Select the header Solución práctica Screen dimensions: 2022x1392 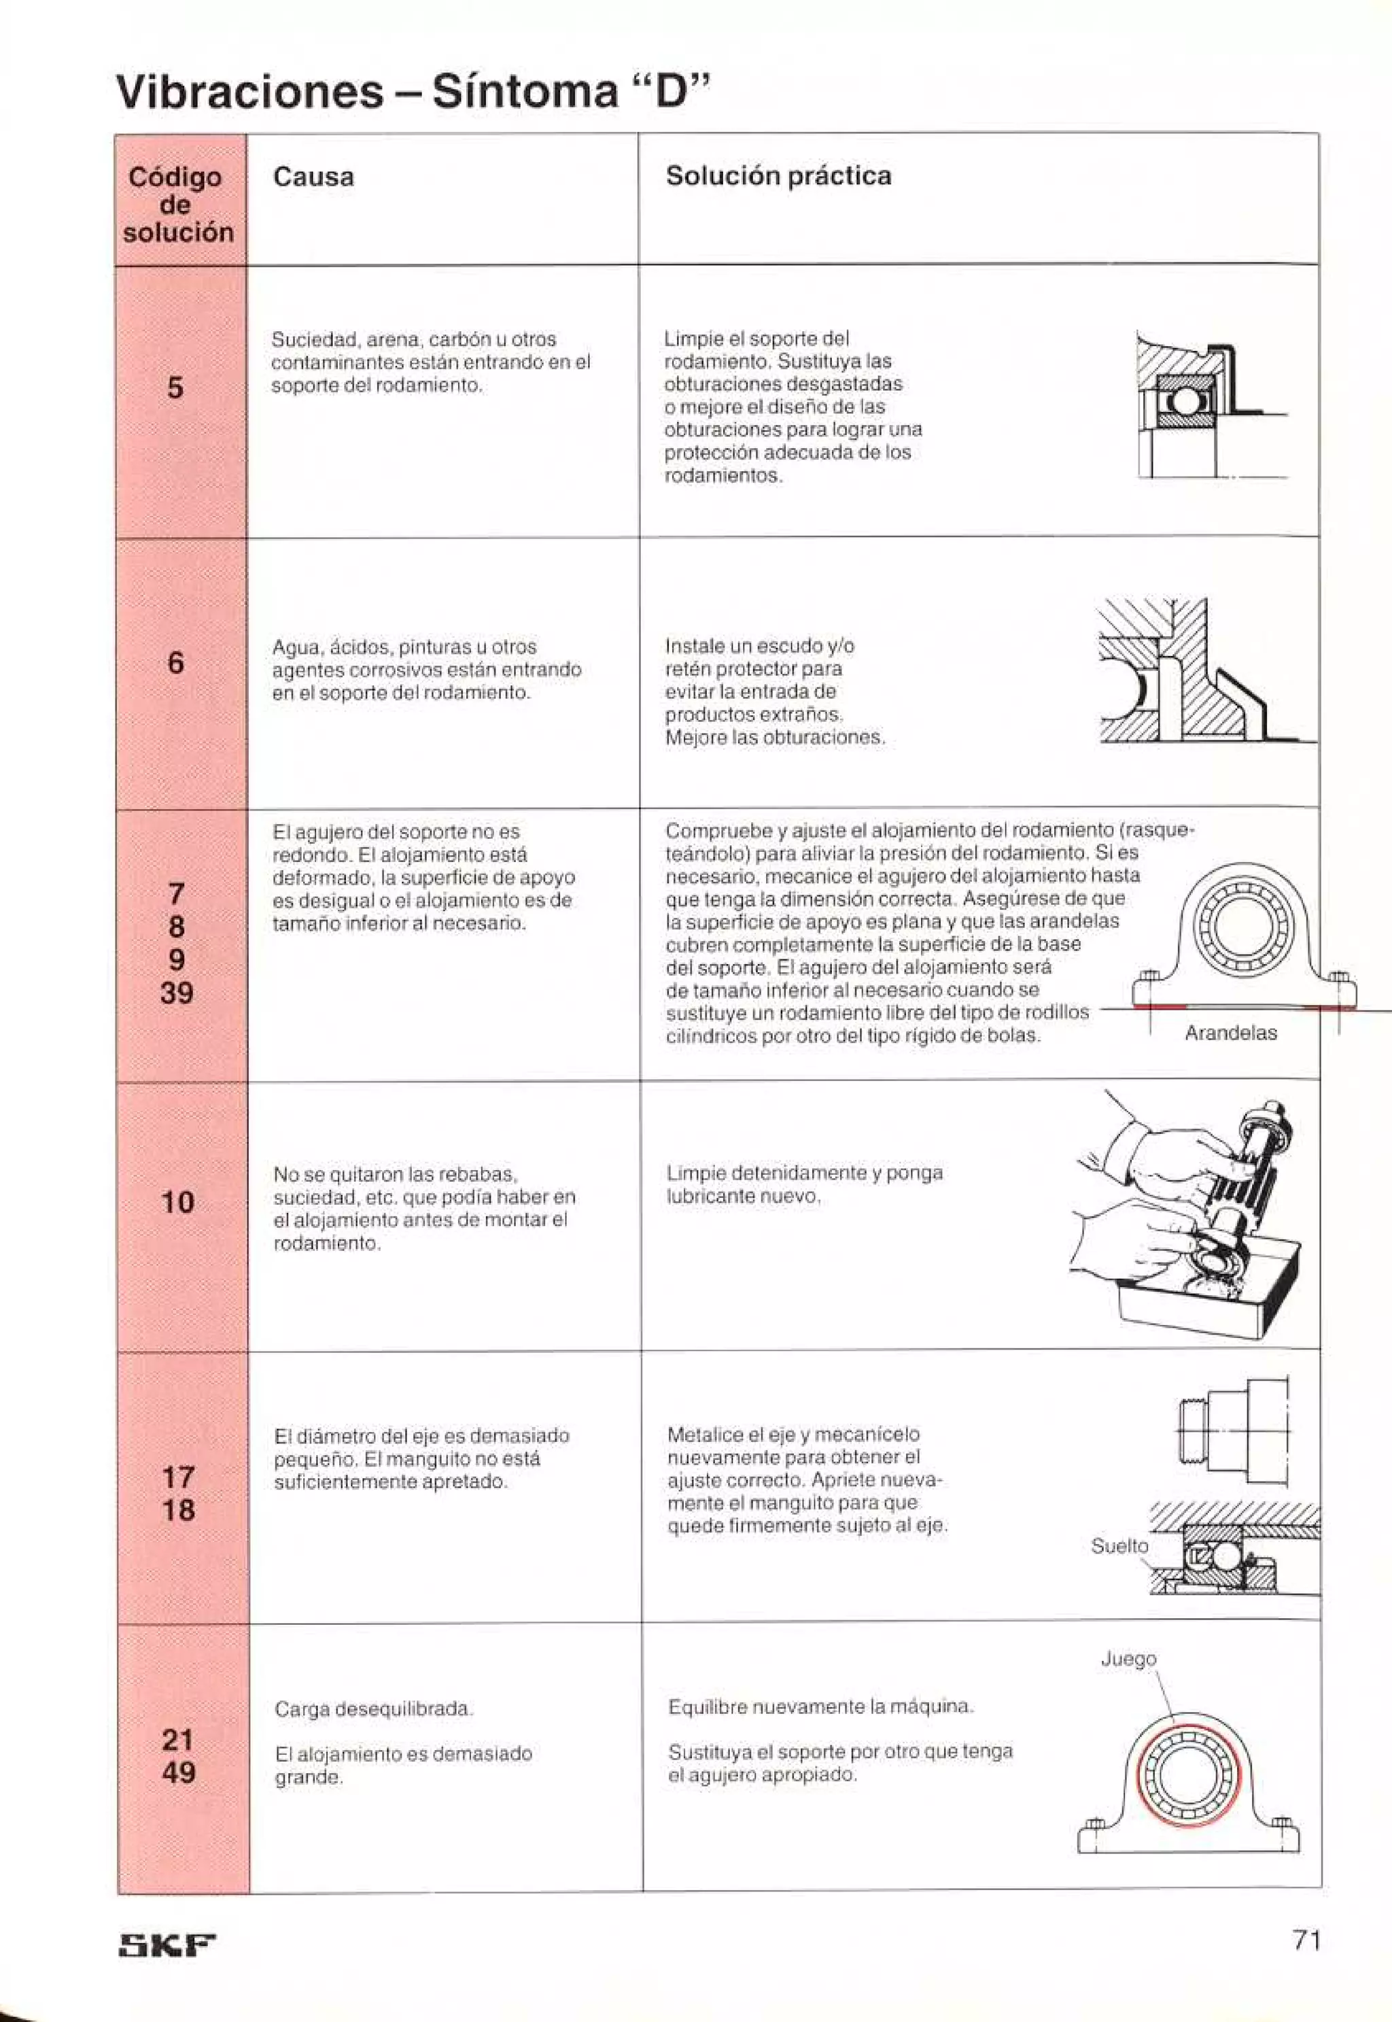click(x=778, y=176)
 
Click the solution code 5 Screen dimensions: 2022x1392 click(x=175, y=388)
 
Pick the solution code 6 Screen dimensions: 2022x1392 click(x=175, y=663)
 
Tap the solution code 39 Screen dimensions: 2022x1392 click(x=176, y=993)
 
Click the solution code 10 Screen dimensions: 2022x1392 click(x=177, y=1203)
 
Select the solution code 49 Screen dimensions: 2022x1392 click(x=178, y=1772)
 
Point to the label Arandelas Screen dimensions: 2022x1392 click(x=1230, y=1033)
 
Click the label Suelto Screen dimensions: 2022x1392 click(x=1119, y=1545)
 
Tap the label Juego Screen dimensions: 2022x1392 click(x=1128, y=1658)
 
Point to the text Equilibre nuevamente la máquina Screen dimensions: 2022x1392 click(x=820, y=1707)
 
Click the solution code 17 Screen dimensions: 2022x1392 click(x=178, y=1477)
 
